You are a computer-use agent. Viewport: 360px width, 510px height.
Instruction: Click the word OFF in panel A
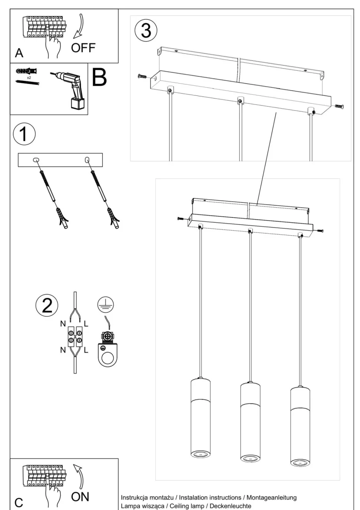[x=83, y=48]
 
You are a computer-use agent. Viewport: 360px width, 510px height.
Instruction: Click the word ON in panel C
[x=80, y=497]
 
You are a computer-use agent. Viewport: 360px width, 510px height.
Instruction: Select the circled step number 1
[x=24, y=134]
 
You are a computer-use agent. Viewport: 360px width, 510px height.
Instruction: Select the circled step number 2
[x=47, y=305]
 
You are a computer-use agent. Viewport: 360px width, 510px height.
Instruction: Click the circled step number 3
[x=146, y=30]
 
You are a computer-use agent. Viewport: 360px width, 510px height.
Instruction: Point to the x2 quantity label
[x=29, y=78]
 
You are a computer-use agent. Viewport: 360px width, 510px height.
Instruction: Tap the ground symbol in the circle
[x=105, y=305]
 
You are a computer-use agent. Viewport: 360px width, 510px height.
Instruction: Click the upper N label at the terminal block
[x=63, y=324]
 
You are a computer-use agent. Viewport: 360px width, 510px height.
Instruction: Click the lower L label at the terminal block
[x=86, y=350]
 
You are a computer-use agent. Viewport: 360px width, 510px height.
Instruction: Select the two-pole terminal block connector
[x=75, y=337]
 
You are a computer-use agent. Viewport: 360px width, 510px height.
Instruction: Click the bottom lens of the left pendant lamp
[x=200, y=454]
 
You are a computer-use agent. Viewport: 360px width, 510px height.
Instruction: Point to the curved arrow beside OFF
[x=79, y=26]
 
